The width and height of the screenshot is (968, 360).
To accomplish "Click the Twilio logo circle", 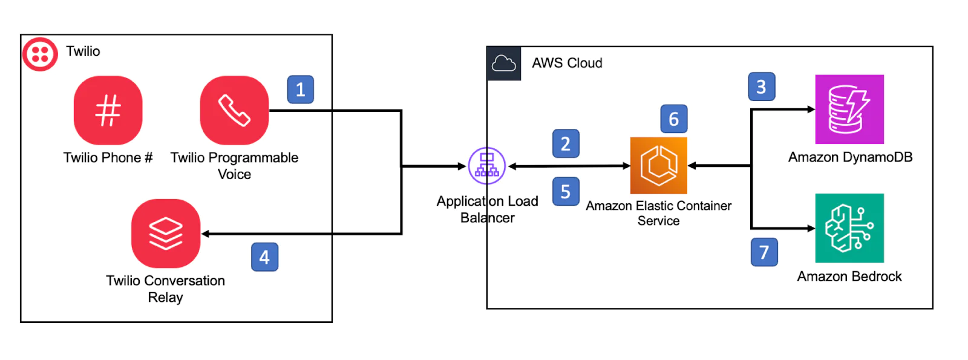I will click(x=40, y=53).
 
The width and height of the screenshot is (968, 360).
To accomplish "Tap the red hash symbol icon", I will click(x=108, y=110).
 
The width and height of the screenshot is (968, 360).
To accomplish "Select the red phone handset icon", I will click(x=234, y=110).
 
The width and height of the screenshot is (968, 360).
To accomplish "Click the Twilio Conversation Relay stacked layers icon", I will click(x=166, y=233).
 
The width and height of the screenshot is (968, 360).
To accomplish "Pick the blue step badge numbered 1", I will click(x=300, y=90).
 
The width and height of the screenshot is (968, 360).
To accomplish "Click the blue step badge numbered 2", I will click(x=566, y=144).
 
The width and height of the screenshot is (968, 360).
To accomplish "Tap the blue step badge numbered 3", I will click(x=761, y=87).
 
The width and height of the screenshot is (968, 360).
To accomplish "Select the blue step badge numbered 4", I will click(x=264, y=257).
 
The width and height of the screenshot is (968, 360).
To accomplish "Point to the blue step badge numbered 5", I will click(x=566, y=192).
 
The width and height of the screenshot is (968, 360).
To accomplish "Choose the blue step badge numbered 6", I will click(x=673, y=119).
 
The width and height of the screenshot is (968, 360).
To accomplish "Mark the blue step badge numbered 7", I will click(x=764, y=252).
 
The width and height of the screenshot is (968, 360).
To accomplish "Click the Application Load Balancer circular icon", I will click(x=487, y=166).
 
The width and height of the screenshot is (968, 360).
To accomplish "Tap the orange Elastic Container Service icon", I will click(x=658, y=165).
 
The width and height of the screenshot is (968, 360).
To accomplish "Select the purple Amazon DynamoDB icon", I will click(x=849, y=110).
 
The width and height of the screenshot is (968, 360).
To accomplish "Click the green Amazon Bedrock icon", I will click(x=849, y=228).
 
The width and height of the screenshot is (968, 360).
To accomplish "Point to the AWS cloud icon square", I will click(x=504, y=63).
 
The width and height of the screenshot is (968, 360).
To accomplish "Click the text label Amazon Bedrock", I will click(x=849, y=277).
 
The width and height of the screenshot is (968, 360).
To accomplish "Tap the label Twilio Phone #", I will click(x=108, y=158).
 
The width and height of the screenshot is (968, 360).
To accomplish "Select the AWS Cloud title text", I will click(x=567, y=63).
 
